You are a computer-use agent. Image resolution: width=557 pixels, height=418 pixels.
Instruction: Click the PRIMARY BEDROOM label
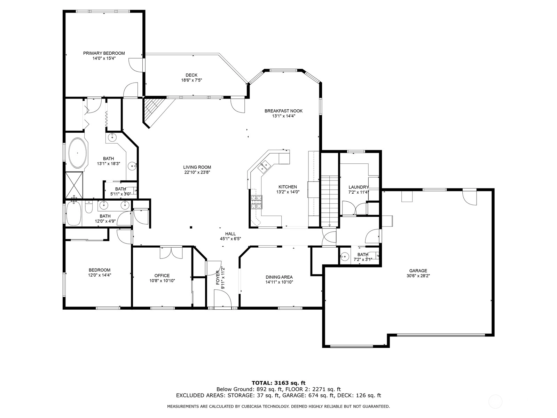coord(104,53)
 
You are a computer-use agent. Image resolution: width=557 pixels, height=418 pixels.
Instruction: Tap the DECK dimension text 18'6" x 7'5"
coord(191,80)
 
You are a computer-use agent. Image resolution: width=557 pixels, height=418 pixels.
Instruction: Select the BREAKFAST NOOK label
coord(283,111)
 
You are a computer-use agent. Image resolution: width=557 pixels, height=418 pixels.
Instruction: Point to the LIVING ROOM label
coord(197,167)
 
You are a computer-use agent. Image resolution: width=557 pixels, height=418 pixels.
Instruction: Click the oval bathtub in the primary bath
coord(78,153)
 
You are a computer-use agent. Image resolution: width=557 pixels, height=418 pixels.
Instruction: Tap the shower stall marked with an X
coord(74,185)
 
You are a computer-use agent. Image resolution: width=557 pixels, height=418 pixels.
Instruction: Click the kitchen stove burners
coord(257,202)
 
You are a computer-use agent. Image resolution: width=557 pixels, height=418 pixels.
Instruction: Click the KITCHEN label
coord(288,187)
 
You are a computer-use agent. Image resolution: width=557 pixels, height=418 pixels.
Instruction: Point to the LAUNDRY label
coord(358,187)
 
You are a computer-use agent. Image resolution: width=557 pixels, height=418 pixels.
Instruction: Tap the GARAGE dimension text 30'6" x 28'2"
coord(418,276)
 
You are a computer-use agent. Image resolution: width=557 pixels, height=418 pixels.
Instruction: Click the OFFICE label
coord(162,276)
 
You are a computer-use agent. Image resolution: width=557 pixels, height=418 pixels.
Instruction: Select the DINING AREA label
coord(279,277)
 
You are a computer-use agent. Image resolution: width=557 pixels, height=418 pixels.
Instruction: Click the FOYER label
coord(218,278)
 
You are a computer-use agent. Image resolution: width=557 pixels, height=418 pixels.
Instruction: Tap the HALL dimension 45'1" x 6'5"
coord(230,239)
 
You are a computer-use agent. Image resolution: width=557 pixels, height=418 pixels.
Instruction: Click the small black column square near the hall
coord(191,227)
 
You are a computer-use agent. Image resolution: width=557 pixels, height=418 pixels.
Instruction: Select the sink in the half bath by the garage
coord(344,257)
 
